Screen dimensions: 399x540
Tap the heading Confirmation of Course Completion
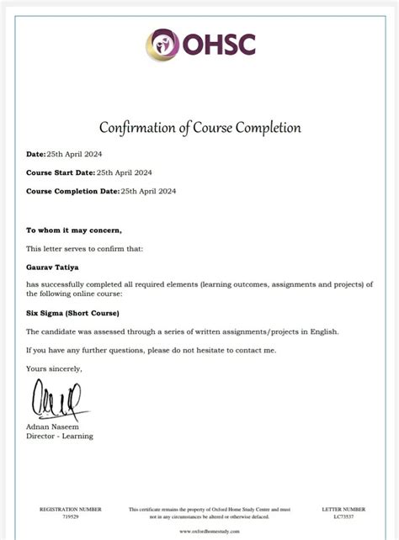tap(200, 128)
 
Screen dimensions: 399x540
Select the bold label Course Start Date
tap(60, 172)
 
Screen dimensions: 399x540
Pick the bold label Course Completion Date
tap(72, 191)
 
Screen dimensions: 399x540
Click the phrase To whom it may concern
tap(74, 230)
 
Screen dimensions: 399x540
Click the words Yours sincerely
tap(54, 368)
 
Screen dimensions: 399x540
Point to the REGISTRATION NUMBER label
tap(71, 509)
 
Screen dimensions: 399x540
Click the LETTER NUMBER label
tap(343, 509)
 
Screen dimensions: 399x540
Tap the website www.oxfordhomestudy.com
tap(210, 532)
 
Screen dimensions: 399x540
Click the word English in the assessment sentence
tap(322, 331)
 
